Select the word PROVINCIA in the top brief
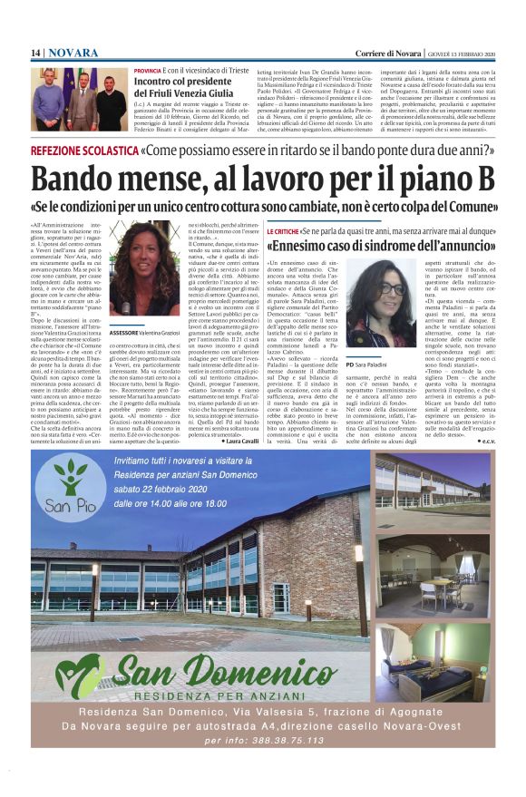[x=147, y=70]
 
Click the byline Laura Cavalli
[x=239, y=441]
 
